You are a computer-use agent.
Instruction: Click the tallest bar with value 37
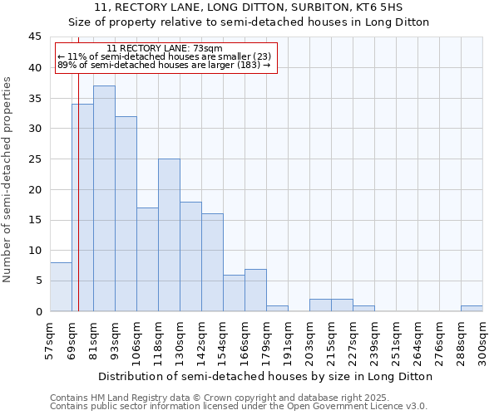[104, 198]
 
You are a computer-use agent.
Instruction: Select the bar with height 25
[169, 235]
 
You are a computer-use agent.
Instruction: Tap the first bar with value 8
[61, 287]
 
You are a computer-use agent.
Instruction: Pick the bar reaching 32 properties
[126, 213]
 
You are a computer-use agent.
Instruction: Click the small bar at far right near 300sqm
[472, 309]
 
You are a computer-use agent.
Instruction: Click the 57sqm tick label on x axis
[51, 339]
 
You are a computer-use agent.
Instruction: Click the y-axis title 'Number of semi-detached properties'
[8, 179]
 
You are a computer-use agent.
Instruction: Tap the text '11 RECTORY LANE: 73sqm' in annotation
[165, 49]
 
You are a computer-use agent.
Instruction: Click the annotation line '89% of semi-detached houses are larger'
[164, 65]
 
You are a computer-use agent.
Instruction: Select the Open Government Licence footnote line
[239, 406]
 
